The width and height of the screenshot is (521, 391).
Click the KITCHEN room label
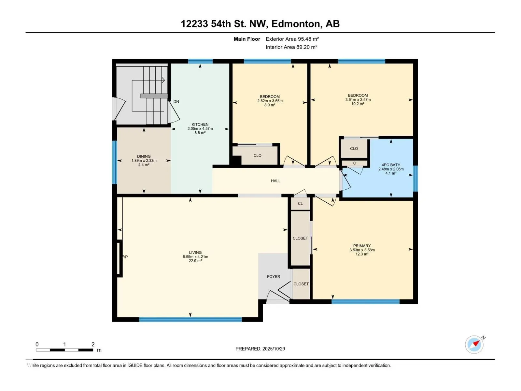(200, 124)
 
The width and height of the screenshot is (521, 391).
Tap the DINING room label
(144, 156)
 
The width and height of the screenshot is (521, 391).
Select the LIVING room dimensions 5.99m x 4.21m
(195, 257)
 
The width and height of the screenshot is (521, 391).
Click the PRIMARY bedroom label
(362, 246)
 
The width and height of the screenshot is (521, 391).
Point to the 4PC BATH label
(391, 165)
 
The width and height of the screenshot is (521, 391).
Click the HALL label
(275, 181)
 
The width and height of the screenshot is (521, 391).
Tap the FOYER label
(274, 277)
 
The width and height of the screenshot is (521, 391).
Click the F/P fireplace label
(125, 257)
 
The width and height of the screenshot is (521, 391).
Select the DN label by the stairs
(176, 102)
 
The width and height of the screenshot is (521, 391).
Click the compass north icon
(474, 344)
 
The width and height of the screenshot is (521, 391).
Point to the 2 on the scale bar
(93, 344)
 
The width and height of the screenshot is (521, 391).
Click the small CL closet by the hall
(300, 204)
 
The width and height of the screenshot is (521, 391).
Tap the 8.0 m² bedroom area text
(270, 105)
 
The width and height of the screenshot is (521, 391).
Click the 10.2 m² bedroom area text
(358, 104)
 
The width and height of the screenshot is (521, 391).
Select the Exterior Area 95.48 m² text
(292, 39)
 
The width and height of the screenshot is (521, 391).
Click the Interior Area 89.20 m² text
(291, 47)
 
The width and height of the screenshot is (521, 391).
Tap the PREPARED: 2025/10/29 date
(260, 349)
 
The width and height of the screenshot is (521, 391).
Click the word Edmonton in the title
(296, 24)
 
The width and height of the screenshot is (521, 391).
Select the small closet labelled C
(354, 163)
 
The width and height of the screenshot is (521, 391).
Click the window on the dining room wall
(115, 162)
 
